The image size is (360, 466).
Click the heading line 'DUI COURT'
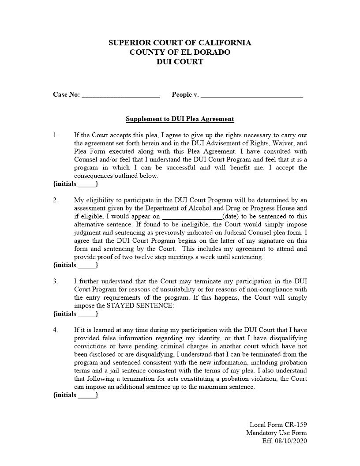[180, 62]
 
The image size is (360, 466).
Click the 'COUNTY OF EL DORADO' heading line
[180, 52]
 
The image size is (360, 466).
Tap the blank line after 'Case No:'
[120, 96]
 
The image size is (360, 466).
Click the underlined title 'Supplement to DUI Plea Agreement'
[180, 119]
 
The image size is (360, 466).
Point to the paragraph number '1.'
[56, 135]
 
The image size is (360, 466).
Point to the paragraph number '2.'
[56, 200]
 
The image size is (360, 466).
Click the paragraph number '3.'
[56, 282]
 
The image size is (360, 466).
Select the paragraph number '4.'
[56, 330]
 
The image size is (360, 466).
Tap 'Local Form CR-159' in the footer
[278, 425]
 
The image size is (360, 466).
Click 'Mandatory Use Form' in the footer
[276, 433]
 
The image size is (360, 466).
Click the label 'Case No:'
[66, 94]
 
